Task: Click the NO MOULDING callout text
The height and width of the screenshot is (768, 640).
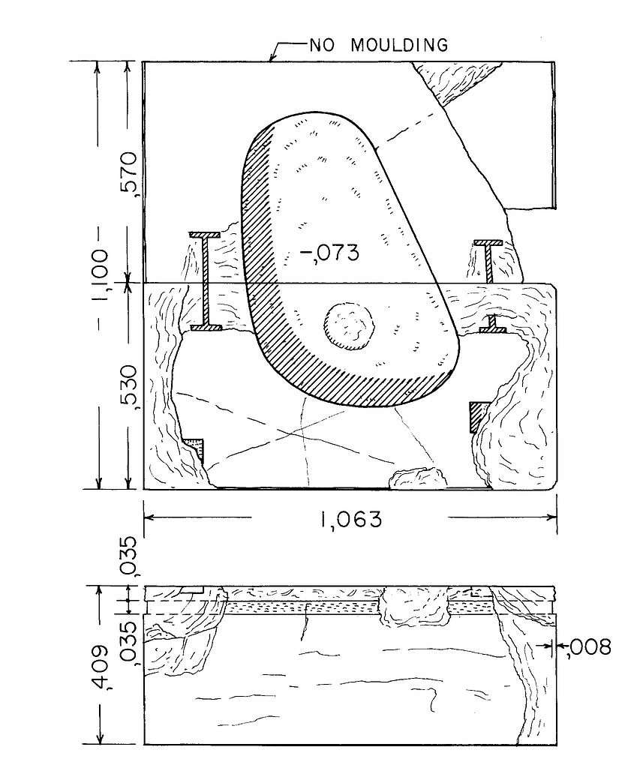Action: click(379, 46)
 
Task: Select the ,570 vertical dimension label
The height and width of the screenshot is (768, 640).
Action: click(128, 174)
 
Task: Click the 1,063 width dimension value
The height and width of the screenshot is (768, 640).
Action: click(350, 519)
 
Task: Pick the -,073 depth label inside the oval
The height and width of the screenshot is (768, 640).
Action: click(329, 253)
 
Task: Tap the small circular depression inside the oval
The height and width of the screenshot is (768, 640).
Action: click(349, 327)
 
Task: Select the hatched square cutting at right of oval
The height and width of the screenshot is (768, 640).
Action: click(479, 415)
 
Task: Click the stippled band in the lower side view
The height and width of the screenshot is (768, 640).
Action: click(300, 607)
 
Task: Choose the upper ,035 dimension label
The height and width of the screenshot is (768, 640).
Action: click(128, 555)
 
